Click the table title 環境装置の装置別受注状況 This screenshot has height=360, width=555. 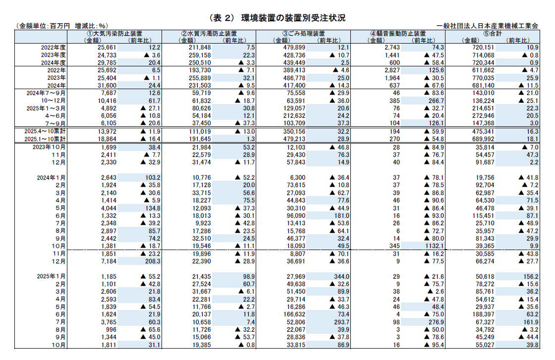tap(293, 18)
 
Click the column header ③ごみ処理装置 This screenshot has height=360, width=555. tap(304, 34)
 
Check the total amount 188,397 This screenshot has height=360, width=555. tap(475, 314)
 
